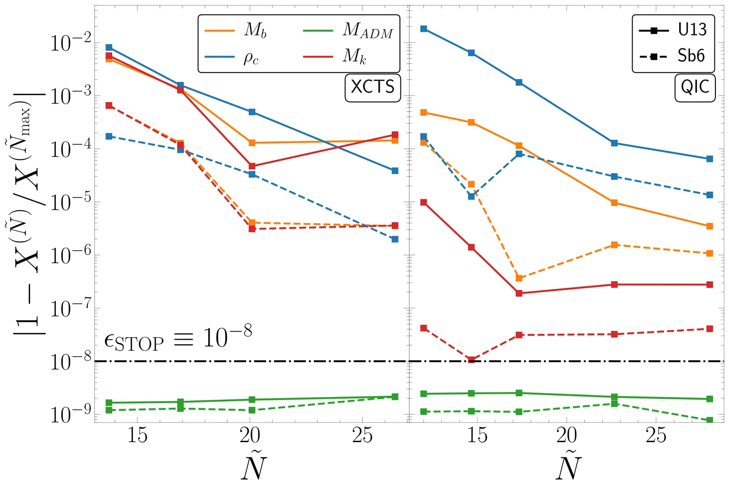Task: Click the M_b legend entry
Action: coord(235,30)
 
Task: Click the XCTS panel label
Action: coord(373,87)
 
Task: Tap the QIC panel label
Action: coord(695,87)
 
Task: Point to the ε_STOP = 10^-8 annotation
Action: coord(178,337)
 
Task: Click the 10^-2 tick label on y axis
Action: coord(70,44)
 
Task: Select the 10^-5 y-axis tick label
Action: coord(70,203)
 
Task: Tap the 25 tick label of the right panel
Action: coord(656,436)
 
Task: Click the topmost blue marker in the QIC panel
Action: coord(423,29)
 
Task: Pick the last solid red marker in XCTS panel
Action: coord(395,135)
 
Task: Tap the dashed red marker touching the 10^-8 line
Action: coord(471,360)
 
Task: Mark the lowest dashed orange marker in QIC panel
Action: coord(519,278)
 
